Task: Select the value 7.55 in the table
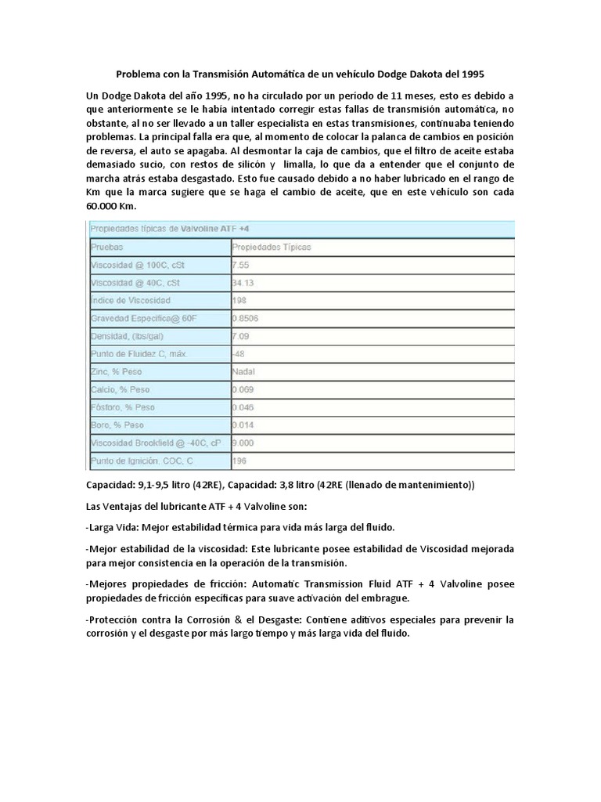tap(241, 265)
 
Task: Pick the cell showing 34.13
tap(243, 283)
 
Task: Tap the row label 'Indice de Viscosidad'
tap(131, 301)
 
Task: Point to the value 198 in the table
tap(240, 301)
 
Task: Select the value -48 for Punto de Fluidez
tap(239, 354)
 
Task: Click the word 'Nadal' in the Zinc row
tap(243, 372)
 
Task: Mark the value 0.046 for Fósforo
tap(244, 407)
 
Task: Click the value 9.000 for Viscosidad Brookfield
tap(244, 443)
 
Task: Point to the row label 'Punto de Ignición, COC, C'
tap(141, 461)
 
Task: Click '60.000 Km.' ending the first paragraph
tap(112, 206)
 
